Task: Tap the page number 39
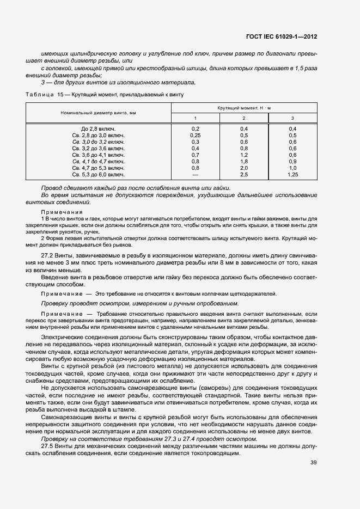[x=313, y=463]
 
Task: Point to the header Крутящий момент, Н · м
[x=243, y=108]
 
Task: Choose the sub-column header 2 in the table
[x=243, y=118]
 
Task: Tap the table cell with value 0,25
[x=195, y=135]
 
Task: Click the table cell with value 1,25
[x=292, y=175]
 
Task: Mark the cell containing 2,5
[x=243, y=175]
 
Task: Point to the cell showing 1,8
[x=243, y=162]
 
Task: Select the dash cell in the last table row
[x=195, y=175]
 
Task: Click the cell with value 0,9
[x=292, y=162]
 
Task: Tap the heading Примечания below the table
[x=62, y=212]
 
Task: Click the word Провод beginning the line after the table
[x=53, y=188]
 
